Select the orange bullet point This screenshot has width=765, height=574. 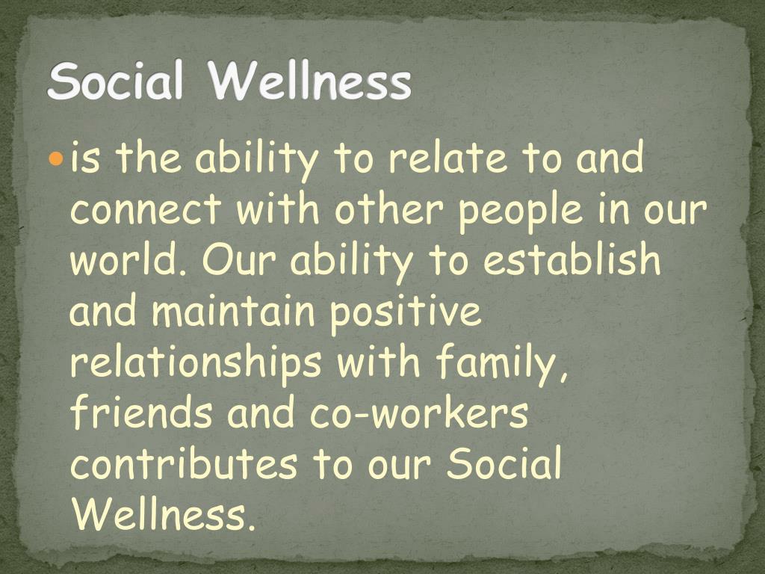(x=57, y=158)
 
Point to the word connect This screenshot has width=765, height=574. (x=146, y=209)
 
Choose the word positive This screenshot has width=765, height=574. (x=406, y=314)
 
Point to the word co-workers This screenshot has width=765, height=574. (x=419, y=412)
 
